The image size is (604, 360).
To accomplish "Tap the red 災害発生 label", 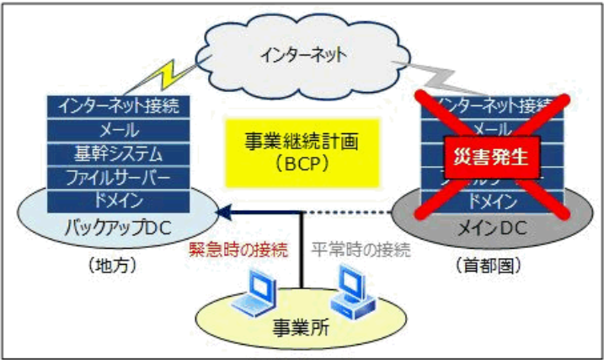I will (491, 156).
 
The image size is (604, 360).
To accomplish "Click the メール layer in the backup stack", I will (119, 131).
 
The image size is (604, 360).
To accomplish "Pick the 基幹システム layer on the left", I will (119, 154).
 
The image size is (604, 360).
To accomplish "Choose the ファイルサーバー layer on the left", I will (119, 178).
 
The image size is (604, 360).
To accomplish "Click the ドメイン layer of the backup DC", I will (119, 201).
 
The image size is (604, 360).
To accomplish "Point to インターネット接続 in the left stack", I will (119, 107).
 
